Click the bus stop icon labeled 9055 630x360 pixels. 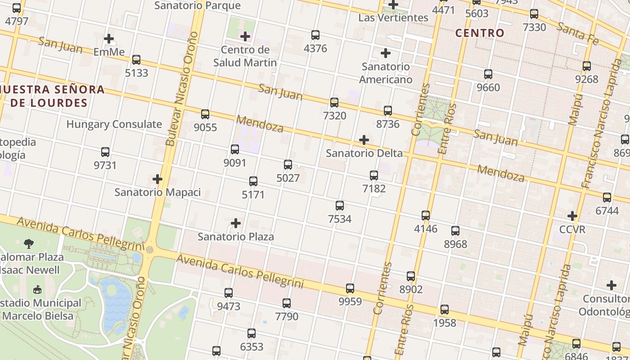point(205,114)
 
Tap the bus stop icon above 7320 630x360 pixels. point(334,103)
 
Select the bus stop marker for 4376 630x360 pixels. point(315,35)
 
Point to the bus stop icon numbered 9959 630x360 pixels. point(350,288)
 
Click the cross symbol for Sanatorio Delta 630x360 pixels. point(364,140)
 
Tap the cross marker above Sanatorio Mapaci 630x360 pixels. point(157,179)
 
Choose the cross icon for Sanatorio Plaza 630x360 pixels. point(235,223)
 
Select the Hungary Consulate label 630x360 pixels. point(114,124)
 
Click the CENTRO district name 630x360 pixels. point(480,33)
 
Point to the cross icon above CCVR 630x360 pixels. point(572,216)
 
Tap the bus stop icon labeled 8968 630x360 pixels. point(455,231)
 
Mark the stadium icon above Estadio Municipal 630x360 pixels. point(37,290)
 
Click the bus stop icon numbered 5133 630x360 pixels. point(136,59)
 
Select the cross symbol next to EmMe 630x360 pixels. point(109,39)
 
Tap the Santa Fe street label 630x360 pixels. point(578,33)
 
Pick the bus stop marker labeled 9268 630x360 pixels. point(587,66)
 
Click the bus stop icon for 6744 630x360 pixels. point(607,197)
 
